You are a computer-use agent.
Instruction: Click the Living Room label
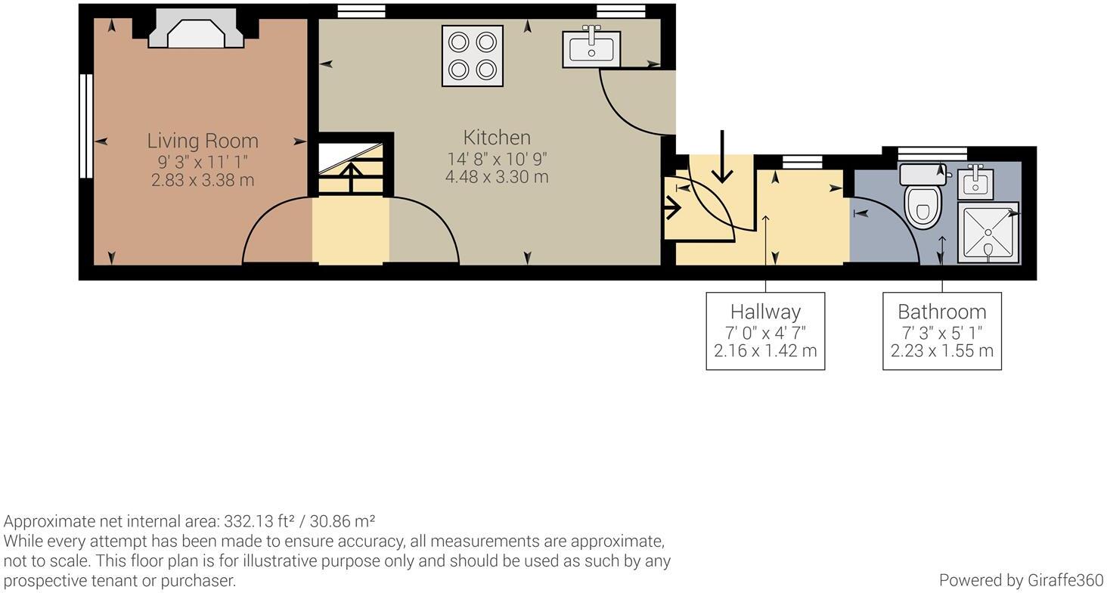pyautogui.click(x=203, y=141)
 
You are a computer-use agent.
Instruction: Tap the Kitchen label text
pyautogui.click(x=497, y=138)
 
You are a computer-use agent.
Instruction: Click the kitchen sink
pyautogui.click(x=591, y=49)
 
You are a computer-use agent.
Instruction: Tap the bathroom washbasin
pyautogui.click(x=975, y=182)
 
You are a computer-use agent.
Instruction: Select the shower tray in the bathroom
pyautogui.click(x=988, y=231)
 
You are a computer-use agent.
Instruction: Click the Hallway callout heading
pyautogui.click(x=765, y=312)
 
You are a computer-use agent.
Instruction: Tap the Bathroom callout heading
pyautogui.click(x=941, y=312)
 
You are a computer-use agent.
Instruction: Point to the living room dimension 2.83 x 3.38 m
pyautogui.click(x=203, y=180)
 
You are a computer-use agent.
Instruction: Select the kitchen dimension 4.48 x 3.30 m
pyautogui.click(x=497, y=177)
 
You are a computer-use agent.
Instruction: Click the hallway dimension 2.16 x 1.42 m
pyautogui.click(x=765, y=351)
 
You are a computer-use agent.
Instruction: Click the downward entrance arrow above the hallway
pyautogui.click(x=723, y=157)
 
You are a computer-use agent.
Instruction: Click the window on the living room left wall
pyautogui.click(x=86, y=126)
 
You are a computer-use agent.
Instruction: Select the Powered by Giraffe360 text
pyautogui.click(x=1021, y=580)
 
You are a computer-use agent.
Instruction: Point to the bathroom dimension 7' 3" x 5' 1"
pyautogui.click(x=941, y=332)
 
